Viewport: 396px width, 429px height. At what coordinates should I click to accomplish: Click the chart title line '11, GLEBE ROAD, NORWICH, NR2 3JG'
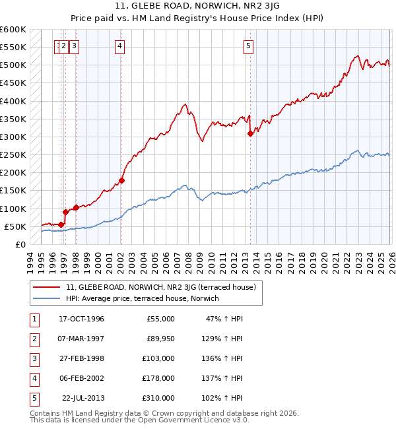pos(198,7)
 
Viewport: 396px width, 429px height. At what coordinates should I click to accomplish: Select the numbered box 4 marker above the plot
pos(119,46)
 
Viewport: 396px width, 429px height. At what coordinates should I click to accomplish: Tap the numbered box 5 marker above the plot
pos(248,46)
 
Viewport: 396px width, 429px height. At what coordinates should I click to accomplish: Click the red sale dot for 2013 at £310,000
pos(250,133)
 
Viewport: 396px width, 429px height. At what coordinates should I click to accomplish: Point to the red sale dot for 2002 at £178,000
pos(122,180)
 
